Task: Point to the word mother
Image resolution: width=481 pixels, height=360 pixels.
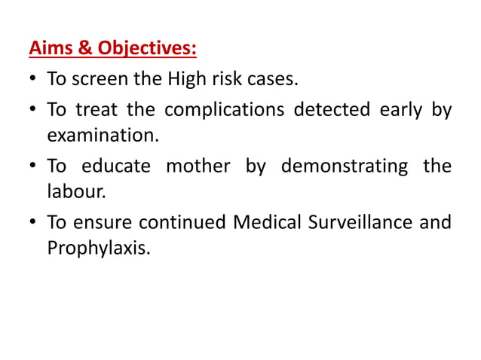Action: coord(198,166)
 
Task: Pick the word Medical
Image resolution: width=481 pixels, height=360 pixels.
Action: coord(268,223)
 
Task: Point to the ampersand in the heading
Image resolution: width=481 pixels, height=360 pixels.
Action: coord(86,50)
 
